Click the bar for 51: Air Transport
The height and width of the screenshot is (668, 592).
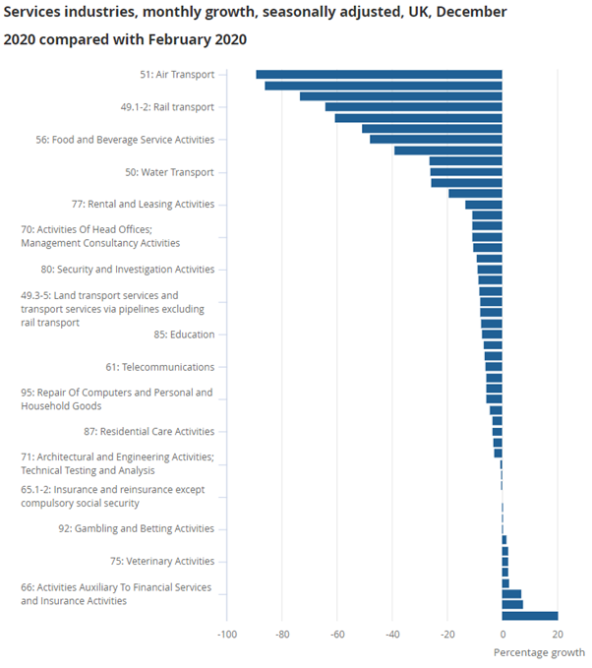(x=379, y=74)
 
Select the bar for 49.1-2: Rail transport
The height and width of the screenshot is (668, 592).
(x=413, y=106)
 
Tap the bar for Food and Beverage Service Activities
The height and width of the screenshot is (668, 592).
(x=436, y=139)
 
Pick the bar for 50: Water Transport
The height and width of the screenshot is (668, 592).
(x=465, y=172)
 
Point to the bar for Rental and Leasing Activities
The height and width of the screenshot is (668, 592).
(x=483, y=205)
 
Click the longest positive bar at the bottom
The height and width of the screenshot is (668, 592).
(x=530, y=616)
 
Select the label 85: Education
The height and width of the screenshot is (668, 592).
(x=184, y=334)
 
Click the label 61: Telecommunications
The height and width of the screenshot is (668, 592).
(x=159, y=367)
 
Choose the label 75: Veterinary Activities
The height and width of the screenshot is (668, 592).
(x=161, y=561)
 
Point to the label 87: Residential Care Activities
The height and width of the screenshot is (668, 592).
(x=148, y=431)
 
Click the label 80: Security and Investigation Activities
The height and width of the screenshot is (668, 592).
(x=127, y=270)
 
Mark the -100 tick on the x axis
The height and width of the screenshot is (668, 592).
(x=226, y=634)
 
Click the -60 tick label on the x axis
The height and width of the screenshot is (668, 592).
(x=337, y=634)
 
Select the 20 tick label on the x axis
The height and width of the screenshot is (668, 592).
(x=558, y=634)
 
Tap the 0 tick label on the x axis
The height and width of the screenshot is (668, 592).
(x=503, y=634)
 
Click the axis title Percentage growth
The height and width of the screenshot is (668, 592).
(x=539, y=652)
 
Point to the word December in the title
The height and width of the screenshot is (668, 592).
(x=473, y=13)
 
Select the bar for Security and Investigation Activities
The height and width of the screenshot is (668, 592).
(x=490, y=270)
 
